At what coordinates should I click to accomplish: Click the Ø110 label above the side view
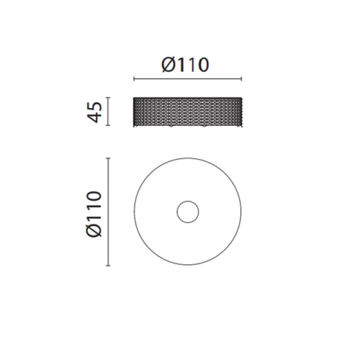(x=185, y=65)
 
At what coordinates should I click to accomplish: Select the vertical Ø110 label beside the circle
(x=94, y=214)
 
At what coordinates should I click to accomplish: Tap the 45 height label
(x=94, y=112)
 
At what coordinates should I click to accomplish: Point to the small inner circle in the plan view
(x=188, y=212)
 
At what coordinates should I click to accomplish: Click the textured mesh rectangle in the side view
(x=188, y=112)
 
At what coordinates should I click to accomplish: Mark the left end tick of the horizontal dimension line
(x=134, y=78)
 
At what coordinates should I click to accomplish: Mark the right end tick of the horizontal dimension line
(x=241, y=78)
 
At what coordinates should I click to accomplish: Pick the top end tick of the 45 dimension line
(x=108, y=97)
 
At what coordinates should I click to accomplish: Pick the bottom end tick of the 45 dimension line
(x=108, y=125)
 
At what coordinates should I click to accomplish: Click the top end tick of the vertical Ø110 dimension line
(x=108, y=158)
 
